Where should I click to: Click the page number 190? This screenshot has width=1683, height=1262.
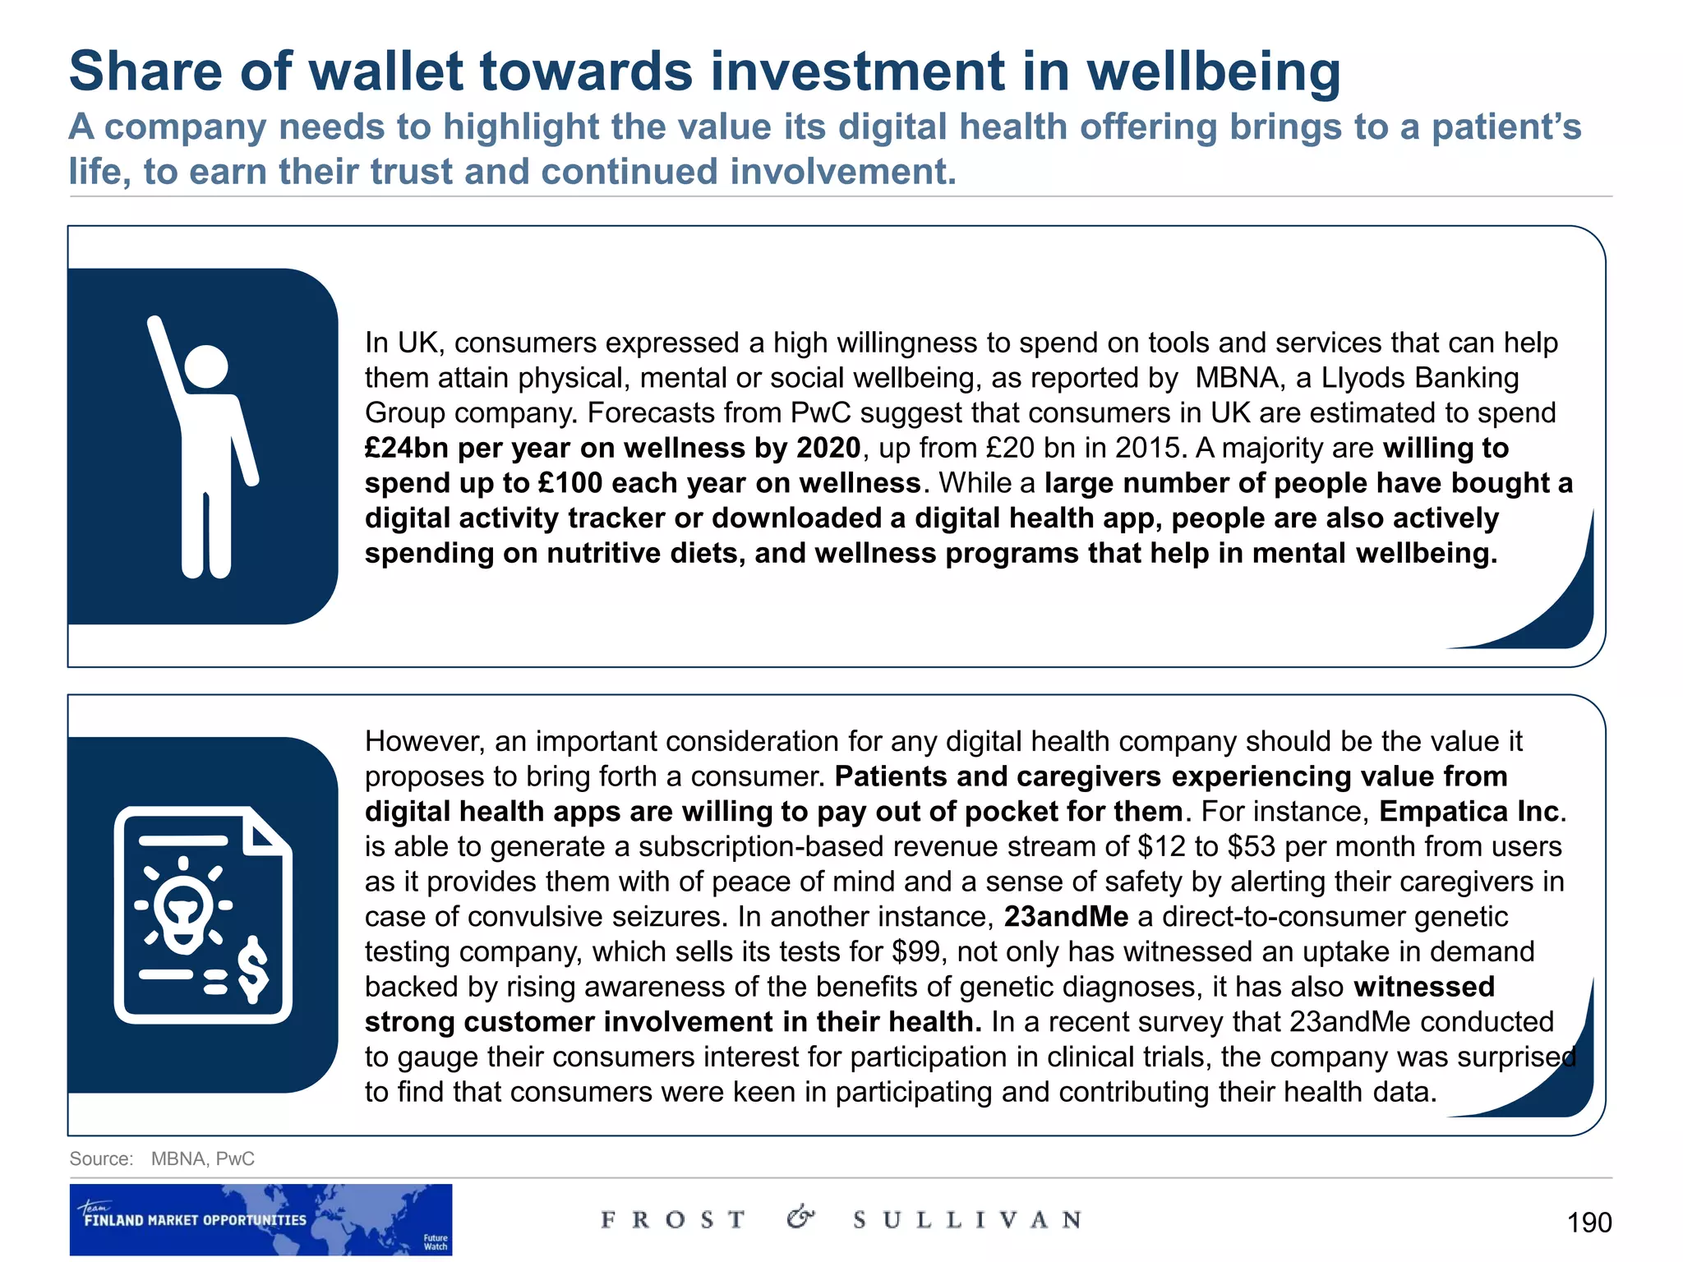(1588, 1223)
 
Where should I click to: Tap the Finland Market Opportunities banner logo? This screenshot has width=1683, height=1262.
(261, 1218)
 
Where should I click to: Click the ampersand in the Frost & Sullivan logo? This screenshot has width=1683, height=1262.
(800, 1217)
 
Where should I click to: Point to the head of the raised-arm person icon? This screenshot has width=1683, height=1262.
(205, 366)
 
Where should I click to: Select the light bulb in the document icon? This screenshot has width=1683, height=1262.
(183, 908)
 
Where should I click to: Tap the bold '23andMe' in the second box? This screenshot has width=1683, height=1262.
(1066, 917)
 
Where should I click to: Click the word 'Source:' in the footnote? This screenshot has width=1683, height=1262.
(101, 1158)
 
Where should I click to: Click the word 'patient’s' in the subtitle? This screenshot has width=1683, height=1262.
(1506, 127)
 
